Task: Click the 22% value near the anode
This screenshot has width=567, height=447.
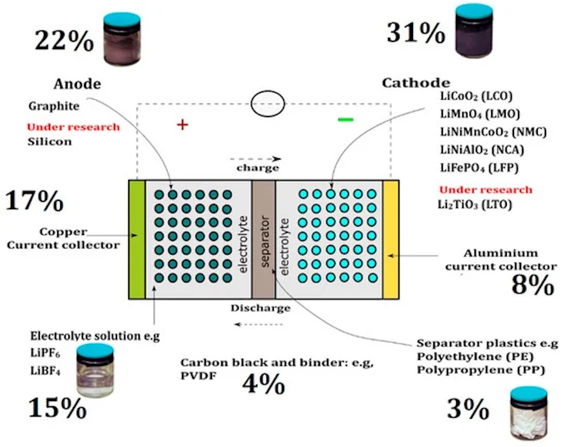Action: tap(64, 41)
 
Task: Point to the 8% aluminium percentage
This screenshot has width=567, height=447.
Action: tap(533, 286)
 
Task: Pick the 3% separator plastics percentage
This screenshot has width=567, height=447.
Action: tap(469, 409)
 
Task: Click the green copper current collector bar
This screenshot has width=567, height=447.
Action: tap(137, 239)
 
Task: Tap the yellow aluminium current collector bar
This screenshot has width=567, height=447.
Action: tap(390, 239)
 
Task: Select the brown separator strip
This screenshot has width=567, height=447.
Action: tap(263, 239)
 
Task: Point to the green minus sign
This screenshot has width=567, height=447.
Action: tap(346, 120)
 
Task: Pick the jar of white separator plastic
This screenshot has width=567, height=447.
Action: tap(528, 415)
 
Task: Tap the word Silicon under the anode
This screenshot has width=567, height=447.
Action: tap(50, 142)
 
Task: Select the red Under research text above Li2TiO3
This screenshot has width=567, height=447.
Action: tap(485, 189)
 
